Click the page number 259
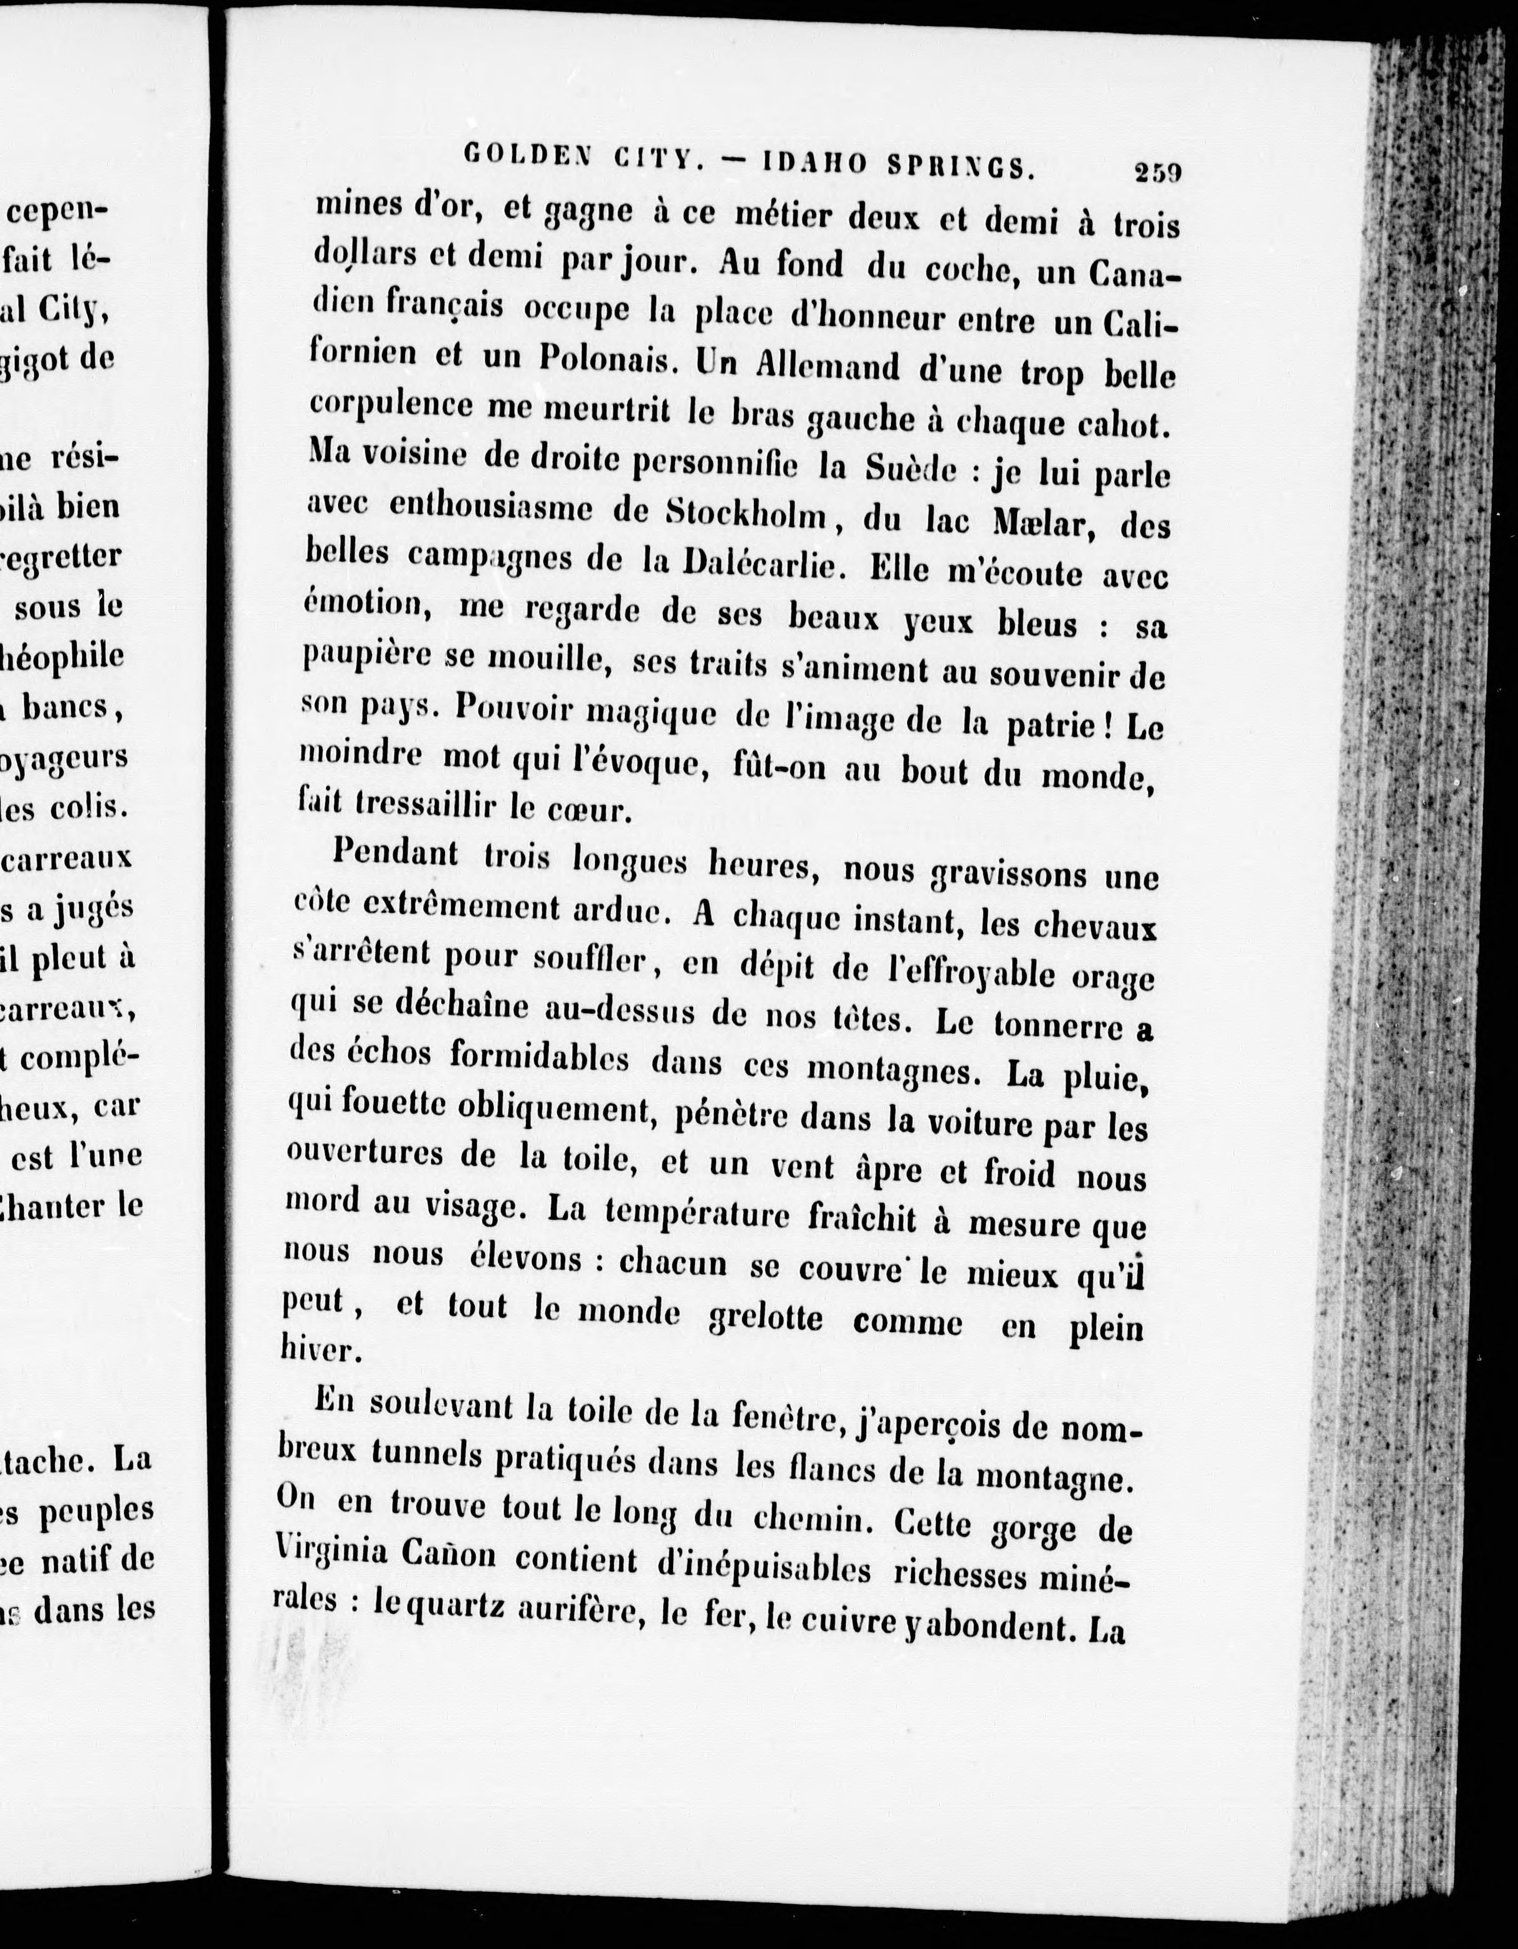pyautogui.click(x=1157, y=171)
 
